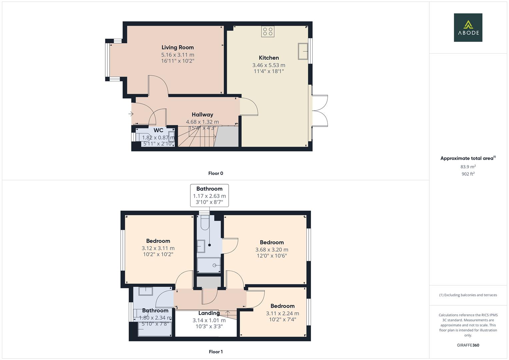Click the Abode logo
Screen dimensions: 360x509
click(x=468, y=27)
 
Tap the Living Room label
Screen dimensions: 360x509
click(x=177, y=47)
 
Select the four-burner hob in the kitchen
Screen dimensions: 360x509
click(x=268, y=32)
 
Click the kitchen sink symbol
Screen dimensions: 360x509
click(x=303, y=51)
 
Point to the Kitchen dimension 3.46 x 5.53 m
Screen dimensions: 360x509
click(x=269, y=65)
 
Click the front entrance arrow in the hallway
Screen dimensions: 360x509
click(x=131, y=114)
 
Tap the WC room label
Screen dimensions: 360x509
click(x=158, y=130)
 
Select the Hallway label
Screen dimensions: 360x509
click(x=202, y=115)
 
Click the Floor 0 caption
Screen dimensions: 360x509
click(x=215, y=173)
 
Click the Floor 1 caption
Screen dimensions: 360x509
click(x=215, y=352)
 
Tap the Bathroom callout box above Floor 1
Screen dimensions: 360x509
click(x=209, y=195)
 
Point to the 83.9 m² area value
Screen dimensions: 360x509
click(x=468, y=167)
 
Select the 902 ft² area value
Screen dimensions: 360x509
click(x=468, y=174)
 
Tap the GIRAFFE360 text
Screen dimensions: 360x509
click(x=468, y=345)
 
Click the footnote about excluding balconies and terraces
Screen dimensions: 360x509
click(x=468, y=295)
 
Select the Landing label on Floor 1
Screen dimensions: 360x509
click(x=209, y=313)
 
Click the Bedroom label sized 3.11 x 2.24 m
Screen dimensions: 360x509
click(x=282, y=306)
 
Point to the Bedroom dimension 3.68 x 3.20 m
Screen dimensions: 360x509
click(x=272, y=250)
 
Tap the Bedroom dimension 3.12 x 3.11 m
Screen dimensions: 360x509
click(x=158, y=248)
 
